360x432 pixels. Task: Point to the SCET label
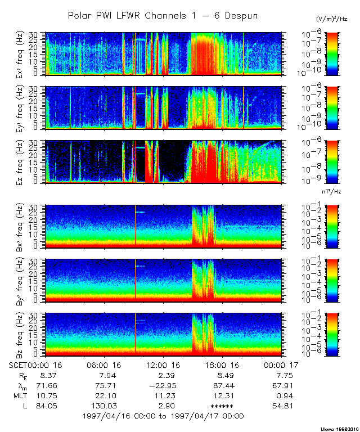[x=19, y=364]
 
